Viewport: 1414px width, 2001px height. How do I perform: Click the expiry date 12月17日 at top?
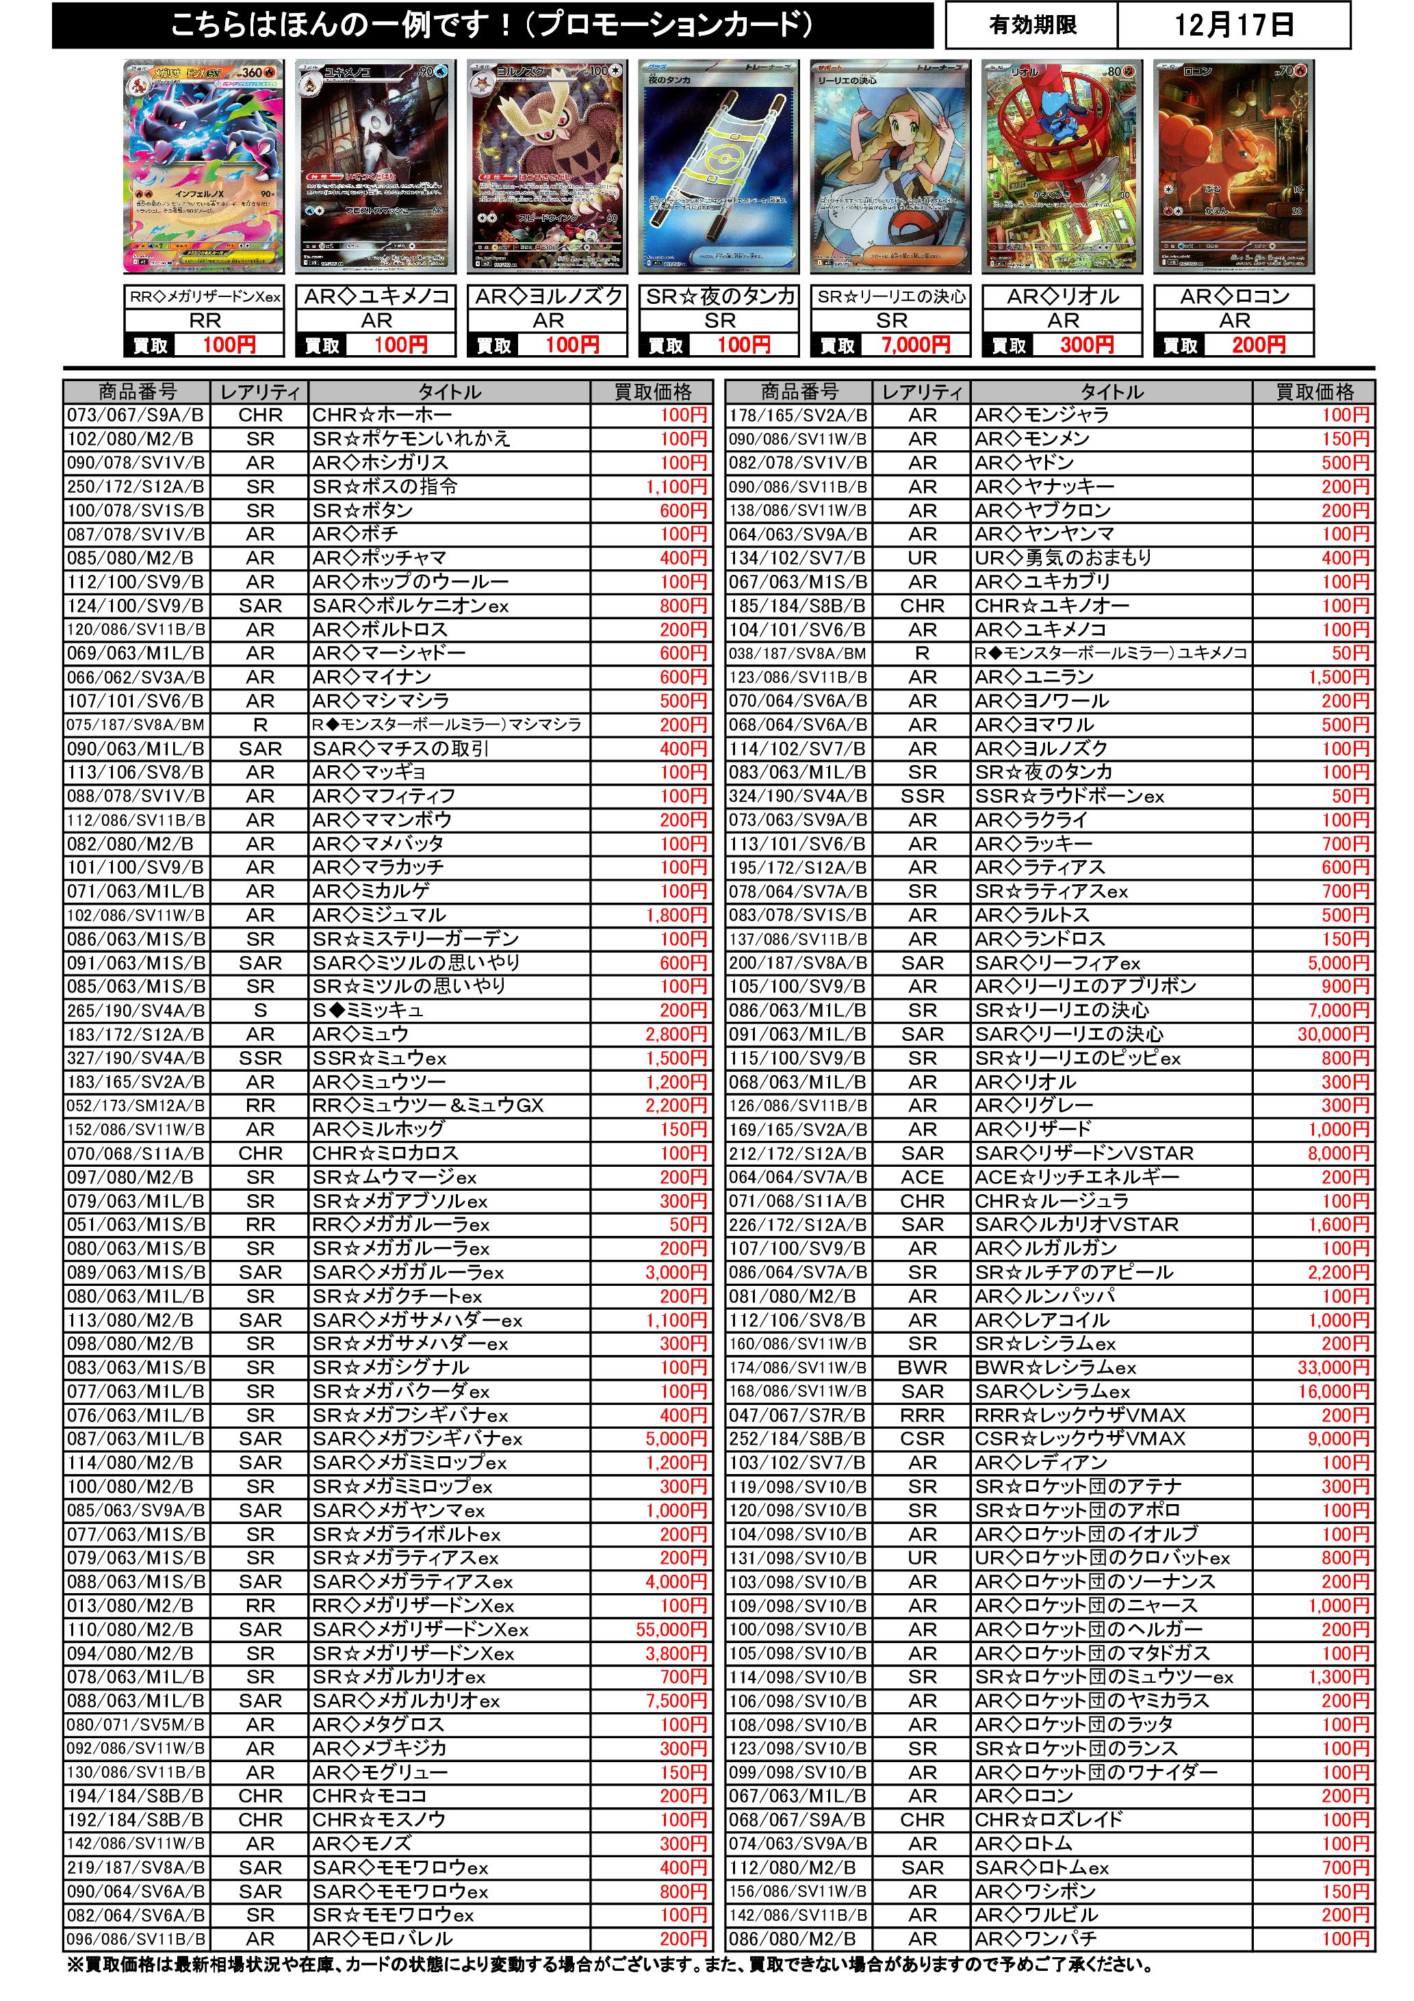[1233, 25]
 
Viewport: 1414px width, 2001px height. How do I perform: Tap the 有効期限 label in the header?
[1032, 25]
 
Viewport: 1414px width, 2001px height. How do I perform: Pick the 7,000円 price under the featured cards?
[914, 345]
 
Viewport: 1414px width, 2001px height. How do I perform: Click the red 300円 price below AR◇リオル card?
[1086, 345]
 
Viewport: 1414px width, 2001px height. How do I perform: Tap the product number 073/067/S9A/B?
[135, 415]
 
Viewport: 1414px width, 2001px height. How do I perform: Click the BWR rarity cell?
[923, 1367]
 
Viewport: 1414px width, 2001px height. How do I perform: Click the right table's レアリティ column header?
[923, 392]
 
